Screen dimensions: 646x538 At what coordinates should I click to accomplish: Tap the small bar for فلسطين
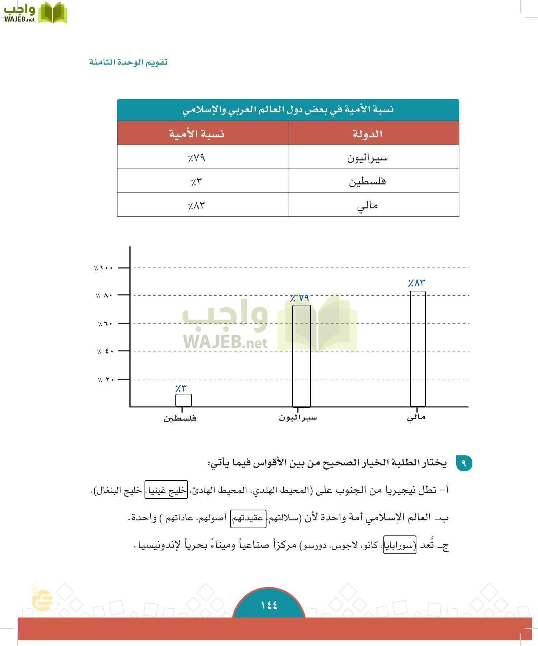coord(183,400)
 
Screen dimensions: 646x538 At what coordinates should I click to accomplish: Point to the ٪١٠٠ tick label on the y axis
coord(104,268)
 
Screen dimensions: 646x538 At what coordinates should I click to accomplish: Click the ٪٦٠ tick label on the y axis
coord(105,324)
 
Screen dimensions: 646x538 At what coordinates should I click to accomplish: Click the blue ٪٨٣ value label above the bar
coord(416,283)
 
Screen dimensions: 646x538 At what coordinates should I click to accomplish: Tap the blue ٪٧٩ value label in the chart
coord(299,298)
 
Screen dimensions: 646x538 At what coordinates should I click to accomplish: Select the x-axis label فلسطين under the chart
coord(180,418)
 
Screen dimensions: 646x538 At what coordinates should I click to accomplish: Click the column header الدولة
coord(368,134)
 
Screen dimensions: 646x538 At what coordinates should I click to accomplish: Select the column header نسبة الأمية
coord(197,134)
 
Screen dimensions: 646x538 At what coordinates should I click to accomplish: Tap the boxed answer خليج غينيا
coord(166,490)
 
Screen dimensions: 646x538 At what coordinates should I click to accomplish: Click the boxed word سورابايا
coord(400,546)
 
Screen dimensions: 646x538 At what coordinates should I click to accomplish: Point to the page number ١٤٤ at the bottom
coord(269,605)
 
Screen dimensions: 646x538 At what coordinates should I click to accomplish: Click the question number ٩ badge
coord(464,463)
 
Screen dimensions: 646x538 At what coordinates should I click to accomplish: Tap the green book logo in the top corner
coord(52,13)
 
